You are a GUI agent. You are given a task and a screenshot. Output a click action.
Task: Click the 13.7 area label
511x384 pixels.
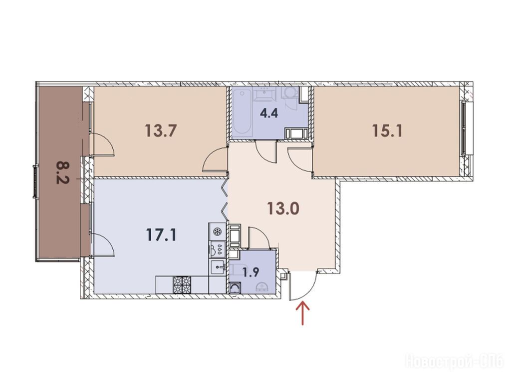(161, 131)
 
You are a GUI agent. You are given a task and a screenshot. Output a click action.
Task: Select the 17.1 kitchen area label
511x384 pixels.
(161, 235)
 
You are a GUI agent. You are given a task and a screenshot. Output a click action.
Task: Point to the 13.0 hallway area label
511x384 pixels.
(283, 209)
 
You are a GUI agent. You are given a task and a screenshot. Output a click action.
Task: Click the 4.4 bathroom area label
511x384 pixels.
(269, 113)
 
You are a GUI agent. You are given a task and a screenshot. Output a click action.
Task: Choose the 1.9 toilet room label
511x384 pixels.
(251, 272)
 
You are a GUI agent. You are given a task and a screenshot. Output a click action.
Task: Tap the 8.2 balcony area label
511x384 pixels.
(62, 172)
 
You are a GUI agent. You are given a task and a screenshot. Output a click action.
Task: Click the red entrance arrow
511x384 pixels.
(303, 313)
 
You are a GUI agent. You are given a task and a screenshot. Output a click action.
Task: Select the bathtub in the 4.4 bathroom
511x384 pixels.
(242, 112)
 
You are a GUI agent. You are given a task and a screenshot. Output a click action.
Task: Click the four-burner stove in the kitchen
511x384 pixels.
(182, 284)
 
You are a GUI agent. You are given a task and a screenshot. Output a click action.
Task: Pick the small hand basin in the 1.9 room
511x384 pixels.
(262, 287)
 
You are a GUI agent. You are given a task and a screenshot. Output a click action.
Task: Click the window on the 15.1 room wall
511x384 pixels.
(465, 127)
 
